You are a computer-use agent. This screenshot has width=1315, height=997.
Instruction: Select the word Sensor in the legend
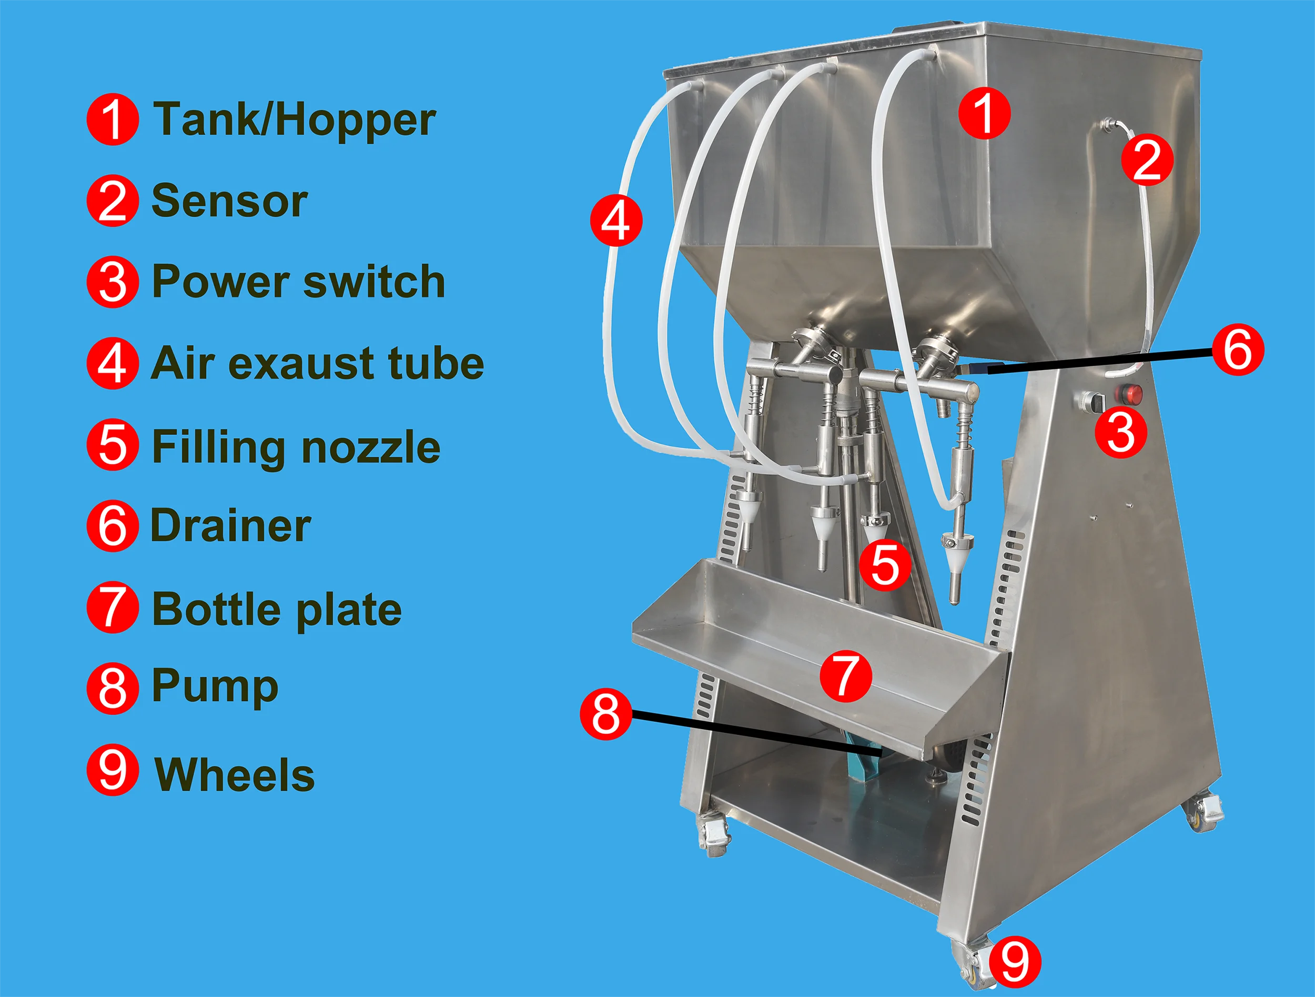(229, 202)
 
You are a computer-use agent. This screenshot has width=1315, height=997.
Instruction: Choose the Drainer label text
(231, 526)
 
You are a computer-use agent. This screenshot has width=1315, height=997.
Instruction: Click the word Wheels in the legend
(235, 775)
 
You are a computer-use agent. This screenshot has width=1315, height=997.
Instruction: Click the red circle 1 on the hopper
(985, 114)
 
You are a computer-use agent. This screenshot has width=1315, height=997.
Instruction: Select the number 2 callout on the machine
(1147, 160)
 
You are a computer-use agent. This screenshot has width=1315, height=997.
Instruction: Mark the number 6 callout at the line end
(1238, 350)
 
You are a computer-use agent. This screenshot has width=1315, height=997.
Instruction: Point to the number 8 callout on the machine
(606, 714)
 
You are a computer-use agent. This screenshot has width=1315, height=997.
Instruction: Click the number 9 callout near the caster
(1015, 962)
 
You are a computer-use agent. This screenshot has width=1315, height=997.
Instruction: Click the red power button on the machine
(1131, 393)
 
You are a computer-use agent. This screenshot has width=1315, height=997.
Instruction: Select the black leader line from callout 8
(755, 733)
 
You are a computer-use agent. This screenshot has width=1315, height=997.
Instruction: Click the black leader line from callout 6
(1100, 361)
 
